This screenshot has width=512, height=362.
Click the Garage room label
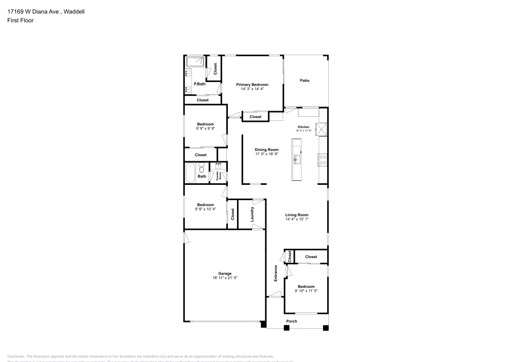[x=225, y=273]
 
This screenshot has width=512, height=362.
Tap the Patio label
[x=305, y=80]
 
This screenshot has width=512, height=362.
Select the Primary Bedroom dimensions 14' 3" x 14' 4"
[x=252, y=89]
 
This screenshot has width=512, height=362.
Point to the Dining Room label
[x=266, y=150]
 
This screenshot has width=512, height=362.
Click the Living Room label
[x=296, y=215]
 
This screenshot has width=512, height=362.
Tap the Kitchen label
[x=304, y=127]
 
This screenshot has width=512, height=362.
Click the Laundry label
[x=252, y=214]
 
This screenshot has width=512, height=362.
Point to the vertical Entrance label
[x=275, y=273]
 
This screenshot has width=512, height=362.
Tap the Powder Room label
[x=219, y=176]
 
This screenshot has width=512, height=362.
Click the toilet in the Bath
[x=202, y=168]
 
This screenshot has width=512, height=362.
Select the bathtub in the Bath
[x=190, y=173]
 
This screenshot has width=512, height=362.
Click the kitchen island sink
[x=296, y=160]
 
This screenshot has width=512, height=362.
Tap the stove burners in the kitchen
[x=323, y=160]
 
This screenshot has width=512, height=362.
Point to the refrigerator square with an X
[x=322, y=129]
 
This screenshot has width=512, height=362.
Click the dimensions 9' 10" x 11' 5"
[x=306, y=291]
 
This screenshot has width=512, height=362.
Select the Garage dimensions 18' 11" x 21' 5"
[x=225, y=278]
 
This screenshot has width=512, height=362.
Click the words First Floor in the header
[x=20, y=20]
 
